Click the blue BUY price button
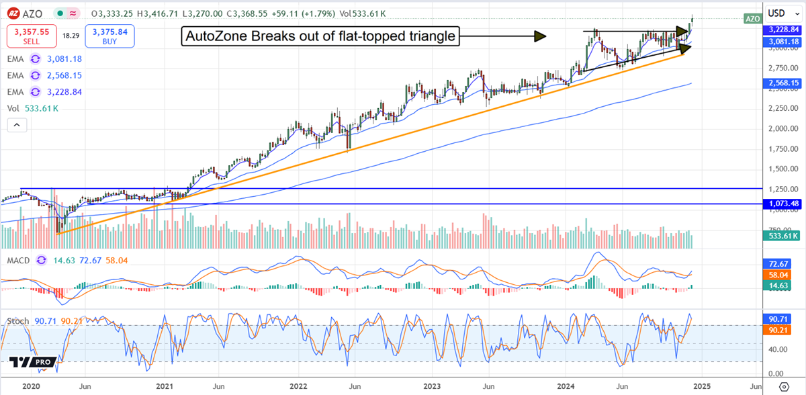(x=110, y=36)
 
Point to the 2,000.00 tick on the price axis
(x=776, y=128)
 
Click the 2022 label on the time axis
(x=298, y=387)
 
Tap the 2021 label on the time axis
(x=165, y=387)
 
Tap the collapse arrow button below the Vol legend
(x=17, y=124)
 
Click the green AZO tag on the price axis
(x=752, y=19)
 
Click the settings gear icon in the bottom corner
(x=783, y=387)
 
